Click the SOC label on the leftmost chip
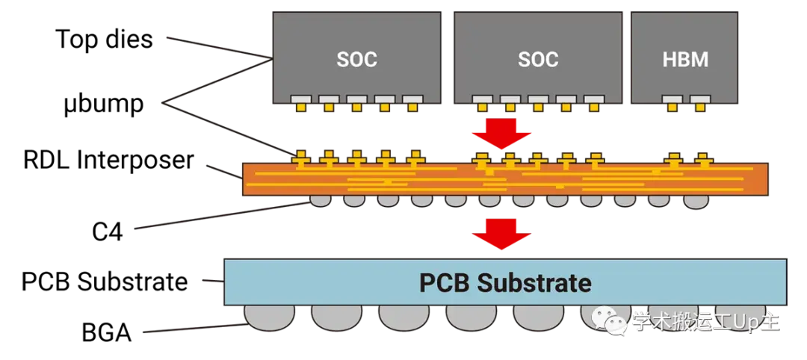(x=356, y=59)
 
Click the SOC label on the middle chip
(x=537, y=59)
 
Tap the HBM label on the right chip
(x=685, y=59)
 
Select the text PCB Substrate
(x=505, y=283)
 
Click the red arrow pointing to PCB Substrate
(x=501, y=233)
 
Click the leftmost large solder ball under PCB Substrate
(x=269, y=317)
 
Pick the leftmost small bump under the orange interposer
(x=319, y=201)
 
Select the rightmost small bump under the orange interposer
(x=695, y=201)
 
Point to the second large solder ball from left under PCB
(x=336, y=317)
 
